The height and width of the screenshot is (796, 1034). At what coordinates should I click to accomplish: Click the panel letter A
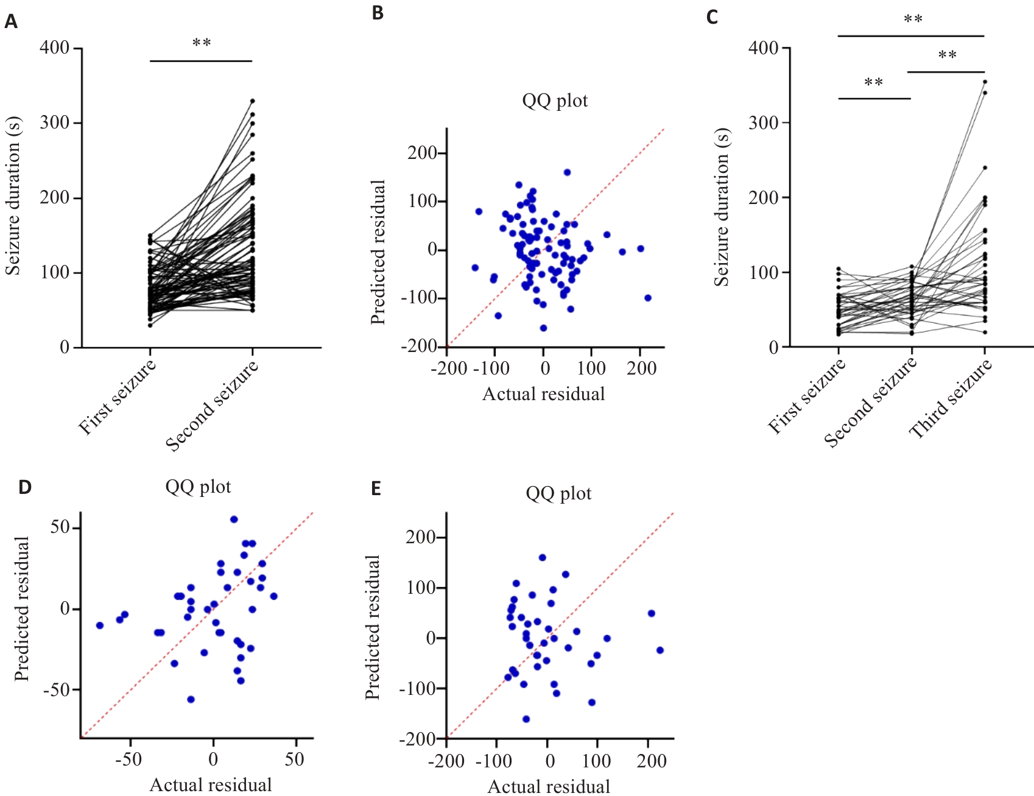(11, 23)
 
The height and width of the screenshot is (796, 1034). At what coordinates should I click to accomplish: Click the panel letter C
(712, 17)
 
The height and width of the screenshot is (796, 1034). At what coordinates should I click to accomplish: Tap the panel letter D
(24, 487)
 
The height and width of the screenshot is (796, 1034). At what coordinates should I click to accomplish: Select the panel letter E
(376, 488)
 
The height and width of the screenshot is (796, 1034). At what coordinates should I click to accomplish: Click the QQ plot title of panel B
(555, 100)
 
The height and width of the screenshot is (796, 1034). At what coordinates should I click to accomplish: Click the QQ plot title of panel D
(198, 487)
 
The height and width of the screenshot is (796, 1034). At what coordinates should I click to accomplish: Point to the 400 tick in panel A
(55, 48)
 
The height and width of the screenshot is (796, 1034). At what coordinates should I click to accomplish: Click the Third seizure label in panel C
(951, 399)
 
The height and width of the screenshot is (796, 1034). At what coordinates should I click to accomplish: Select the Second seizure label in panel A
(213, 405)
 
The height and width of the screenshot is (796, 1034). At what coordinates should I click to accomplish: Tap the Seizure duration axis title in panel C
(722, 207)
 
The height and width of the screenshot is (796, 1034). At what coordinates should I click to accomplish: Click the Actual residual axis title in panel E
(549, 787)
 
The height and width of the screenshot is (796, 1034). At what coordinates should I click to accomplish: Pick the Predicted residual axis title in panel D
(22, 609)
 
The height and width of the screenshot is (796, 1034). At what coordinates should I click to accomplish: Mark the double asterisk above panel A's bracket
(202, 43)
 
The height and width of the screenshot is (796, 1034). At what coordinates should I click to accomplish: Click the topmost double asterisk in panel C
(913, 19)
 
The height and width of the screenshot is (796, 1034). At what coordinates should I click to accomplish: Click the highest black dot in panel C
(985, 82)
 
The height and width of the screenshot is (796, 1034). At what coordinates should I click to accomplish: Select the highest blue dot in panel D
(234, 520)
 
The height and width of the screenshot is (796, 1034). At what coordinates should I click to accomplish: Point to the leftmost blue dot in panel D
(100, 625)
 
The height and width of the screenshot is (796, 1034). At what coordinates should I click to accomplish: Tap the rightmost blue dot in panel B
(648, 298)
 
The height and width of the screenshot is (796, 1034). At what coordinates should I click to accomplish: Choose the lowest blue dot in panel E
(526, 719)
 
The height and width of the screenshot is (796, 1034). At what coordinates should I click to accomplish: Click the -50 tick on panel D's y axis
(55, 690)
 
